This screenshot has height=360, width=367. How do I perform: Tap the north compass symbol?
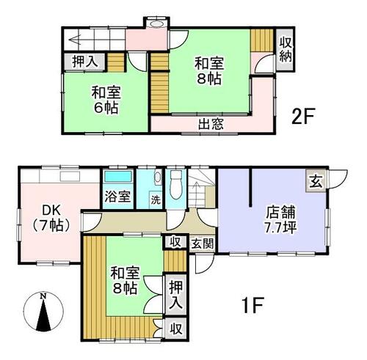[44, 312]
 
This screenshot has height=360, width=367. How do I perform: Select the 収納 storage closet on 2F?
[286, 50]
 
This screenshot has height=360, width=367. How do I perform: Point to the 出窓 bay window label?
[211, 124]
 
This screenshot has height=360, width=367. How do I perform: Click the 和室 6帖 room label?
[106, 100]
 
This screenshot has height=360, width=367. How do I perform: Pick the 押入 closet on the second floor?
[85, 62]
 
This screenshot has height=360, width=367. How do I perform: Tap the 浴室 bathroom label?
[117, 196]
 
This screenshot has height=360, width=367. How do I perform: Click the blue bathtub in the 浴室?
[118, 177]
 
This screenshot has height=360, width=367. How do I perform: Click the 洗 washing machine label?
[156, 200]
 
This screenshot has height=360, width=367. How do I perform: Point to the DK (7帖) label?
[51, 218]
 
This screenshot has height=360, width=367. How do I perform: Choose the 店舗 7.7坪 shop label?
[281, 220]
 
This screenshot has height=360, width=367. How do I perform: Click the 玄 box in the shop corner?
[316, 183]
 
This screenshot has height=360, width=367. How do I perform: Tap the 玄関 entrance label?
[203, 243]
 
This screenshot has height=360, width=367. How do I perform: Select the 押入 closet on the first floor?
[176, 295]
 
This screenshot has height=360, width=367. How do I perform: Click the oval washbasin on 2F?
[156, 23]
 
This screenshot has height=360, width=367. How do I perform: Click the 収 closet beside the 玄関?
[175, 242]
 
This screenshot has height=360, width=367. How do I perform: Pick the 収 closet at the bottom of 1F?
[176, 329]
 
